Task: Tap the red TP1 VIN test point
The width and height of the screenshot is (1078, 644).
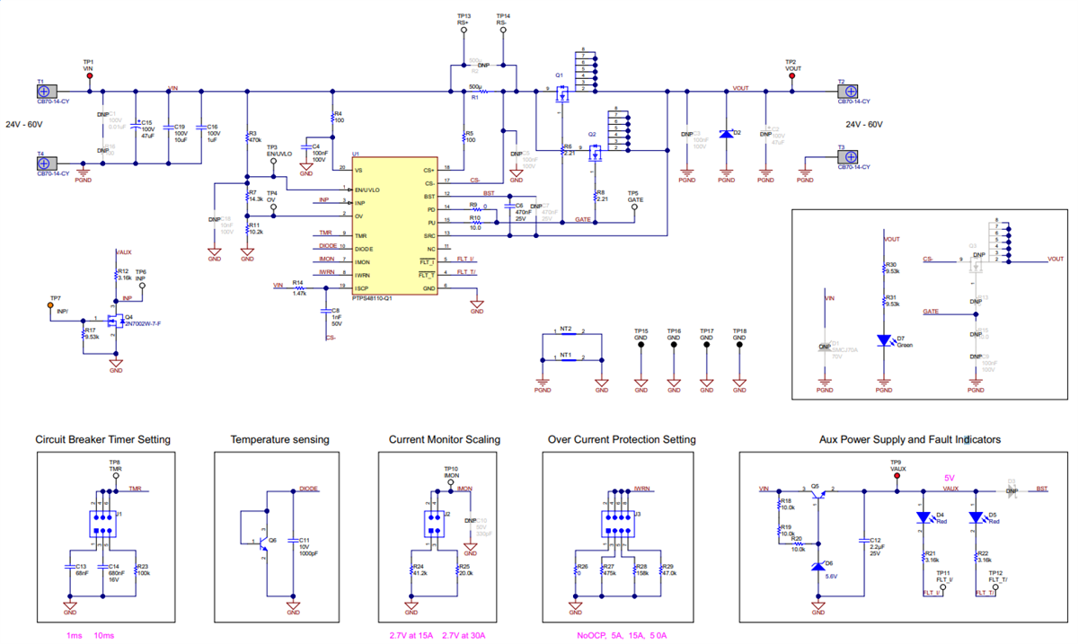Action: [89, 76]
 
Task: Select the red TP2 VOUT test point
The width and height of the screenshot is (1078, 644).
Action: [791, 76]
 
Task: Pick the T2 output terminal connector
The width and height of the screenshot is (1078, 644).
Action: [846, 91]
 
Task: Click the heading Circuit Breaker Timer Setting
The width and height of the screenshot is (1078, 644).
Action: [102, 439]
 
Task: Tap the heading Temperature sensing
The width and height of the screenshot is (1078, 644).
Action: [279, 439]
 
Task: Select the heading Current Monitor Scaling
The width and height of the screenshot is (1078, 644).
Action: [445, 439]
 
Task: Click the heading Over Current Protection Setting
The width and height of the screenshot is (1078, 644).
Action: [622, 439]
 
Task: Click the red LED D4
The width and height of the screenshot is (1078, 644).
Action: [923, 517]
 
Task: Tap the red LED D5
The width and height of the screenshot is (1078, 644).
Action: [975, 517]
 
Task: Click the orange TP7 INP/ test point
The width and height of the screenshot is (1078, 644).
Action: [50, 305]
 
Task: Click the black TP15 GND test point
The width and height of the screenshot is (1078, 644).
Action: [641, 344]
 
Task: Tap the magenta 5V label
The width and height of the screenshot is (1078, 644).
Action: [950, 478]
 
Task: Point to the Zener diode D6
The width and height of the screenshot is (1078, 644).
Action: [817, 565]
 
